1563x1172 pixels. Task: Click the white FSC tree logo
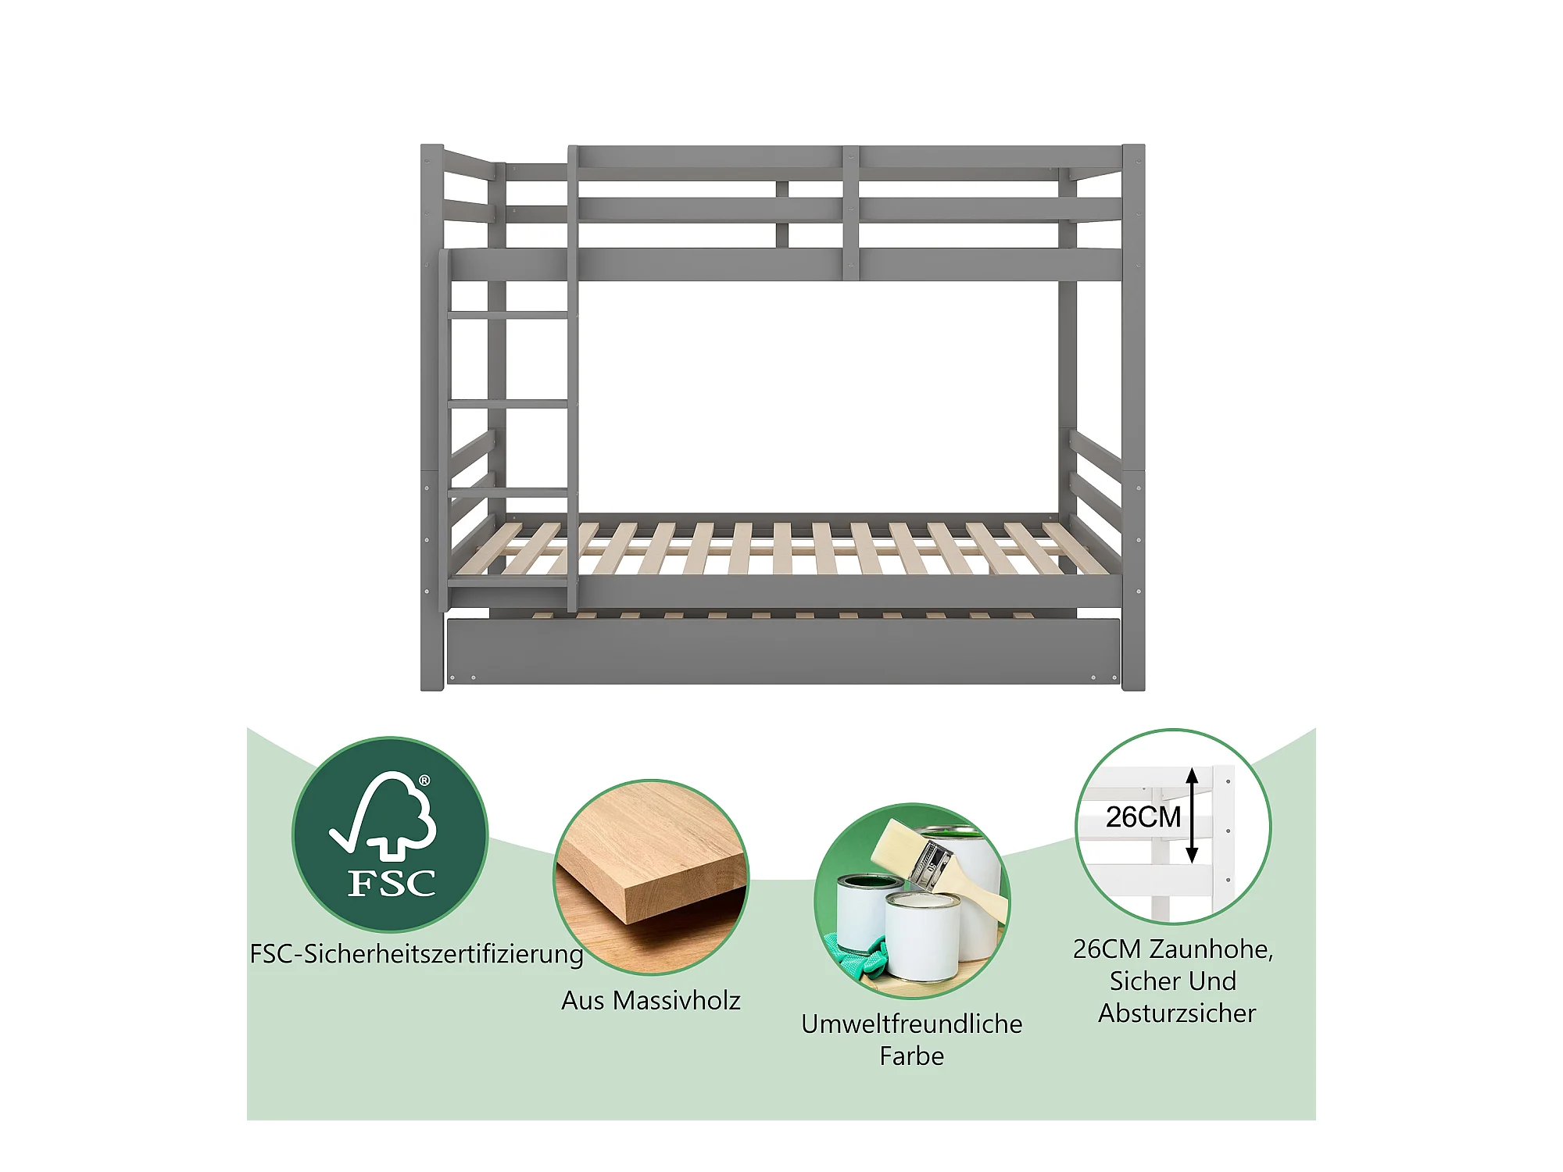pos(384,813)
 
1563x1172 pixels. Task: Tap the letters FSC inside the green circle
pos(392,884)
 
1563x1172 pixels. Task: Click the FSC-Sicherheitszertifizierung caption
pos(417,955)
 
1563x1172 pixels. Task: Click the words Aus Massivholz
pos(651,1000)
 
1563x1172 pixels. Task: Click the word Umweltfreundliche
pos(912,1024)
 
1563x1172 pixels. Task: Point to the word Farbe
pos(912,1056)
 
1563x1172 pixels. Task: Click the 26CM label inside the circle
pos(1143,816)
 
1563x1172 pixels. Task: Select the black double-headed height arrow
pos(1192,815)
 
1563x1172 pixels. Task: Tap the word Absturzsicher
pos(1177,1013)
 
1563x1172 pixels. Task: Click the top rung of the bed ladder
pos(510,315)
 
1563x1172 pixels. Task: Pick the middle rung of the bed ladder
pos(509,404)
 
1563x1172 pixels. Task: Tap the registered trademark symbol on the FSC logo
pos(424,781)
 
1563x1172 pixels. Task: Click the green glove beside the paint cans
pos(864,959)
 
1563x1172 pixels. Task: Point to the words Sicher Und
pos(1173,981)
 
